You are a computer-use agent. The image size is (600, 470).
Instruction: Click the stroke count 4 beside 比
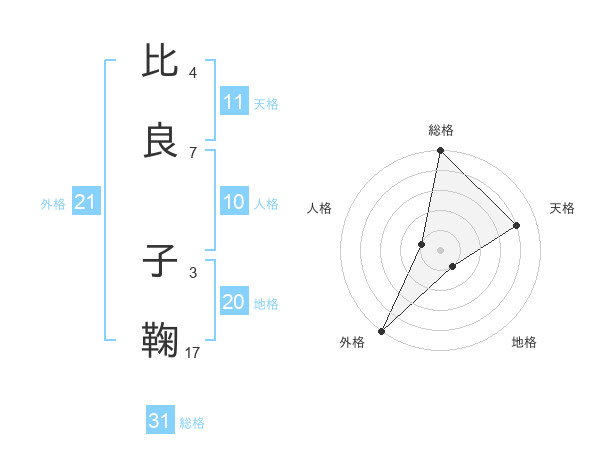tap(192, 73)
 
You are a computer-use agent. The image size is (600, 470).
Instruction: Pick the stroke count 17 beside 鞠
tap(193, 352)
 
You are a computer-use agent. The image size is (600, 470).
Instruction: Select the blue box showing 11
tap(234, 102)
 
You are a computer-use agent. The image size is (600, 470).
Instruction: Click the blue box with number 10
tap(234, 202)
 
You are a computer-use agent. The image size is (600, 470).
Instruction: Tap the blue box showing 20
tap(234, 302)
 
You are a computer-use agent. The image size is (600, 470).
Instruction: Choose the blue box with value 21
tap(85, 203)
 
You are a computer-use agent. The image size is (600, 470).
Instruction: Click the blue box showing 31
tap(160, 421)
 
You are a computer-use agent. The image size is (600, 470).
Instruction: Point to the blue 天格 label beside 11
tap(266, 103)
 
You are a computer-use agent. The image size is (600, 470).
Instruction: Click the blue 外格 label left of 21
tap(53, 204)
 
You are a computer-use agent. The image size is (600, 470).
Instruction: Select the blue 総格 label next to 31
tap(192, 422)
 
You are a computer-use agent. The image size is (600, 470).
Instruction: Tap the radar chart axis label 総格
tap(441, 130)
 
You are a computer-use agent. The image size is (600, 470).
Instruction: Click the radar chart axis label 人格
tap(319, 208)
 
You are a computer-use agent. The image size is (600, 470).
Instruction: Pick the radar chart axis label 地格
tap(524, 342)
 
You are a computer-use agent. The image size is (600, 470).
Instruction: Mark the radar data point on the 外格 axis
tap(381, 330)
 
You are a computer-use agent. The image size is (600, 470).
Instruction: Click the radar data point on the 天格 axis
tap(517, 226)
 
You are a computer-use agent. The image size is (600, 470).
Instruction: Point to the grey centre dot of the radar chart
tap(441, 250)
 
